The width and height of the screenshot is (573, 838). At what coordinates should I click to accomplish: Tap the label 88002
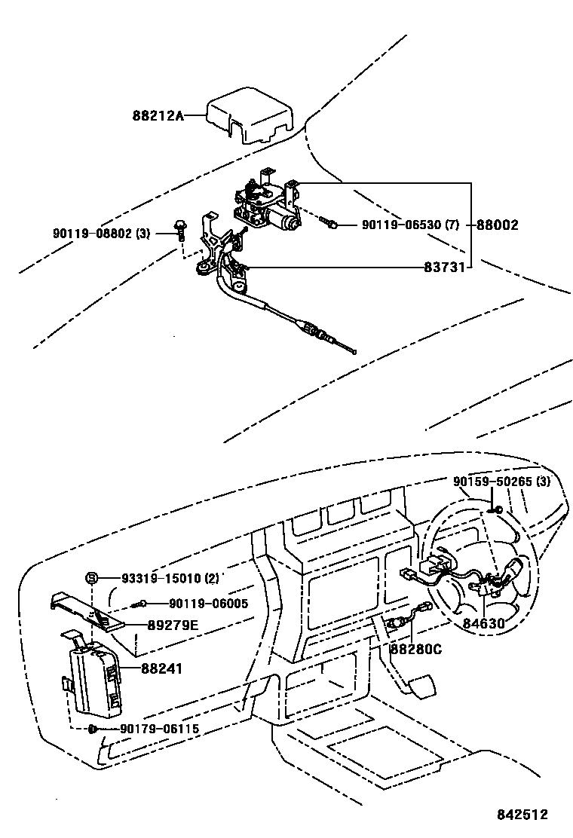coord(497,225)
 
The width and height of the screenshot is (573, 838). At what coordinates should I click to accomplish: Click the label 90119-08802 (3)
coord(103,234)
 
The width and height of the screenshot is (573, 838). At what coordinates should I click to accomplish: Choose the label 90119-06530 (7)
coord(410,225)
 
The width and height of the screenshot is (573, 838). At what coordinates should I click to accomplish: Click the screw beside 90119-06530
coord(329,223)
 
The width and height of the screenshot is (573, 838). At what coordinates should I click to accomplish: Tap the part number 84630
coord(485,624)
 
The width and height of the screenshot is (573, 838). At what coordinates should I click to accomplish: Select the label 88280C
coord(415,648)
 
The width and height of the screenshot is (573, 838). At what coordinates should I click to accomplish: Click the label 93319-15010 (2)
coord(170,579)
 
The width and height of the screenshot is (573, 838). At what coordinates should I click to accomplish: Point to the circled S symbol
coord(91,579)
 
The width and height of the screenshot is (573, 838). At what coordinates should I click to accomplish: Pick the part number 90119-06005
coord(208,603)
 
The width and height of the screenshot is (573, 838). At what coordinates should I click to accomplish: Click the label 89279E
coord(173,625)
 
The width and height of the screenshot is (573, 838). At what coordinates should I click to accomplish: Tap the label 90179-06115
coord(159,729)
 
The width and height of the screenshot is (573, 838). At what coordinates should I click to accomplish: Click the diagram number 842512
coord(521,815)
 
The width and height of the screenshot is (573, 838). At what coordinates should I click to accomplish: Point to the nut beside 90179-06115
coord(92,729)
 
